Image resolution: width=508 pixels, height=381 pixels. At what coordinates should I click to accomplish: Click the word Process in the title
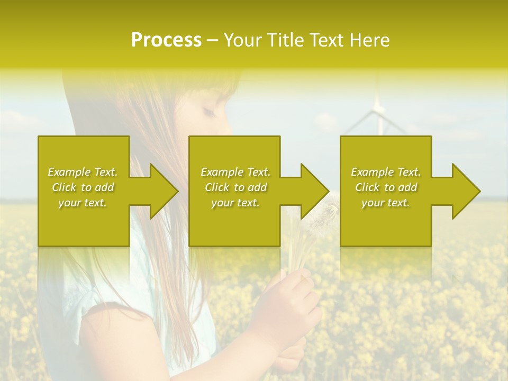tap(166, 40)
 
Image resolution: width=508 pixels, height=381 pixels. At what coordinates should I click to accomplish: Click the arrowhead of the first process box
tap(161, 191)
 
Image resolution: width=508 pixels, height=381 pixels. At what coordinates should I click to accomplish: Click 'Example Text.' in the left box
tap(83, 172)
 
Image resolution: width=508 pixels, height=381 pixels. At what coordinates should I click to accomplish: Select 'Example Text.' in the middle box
tap(235, 172)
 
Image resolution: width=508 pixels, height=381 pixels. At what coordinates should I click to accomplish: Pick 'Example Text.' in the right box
tap(386, 172)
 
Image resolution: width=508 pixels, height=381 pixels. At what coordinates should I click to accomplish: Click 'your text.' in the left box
tap(83, 203)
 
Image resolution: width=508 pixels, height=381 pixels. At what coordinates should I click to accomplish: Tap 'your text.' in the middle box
tap(235, 203)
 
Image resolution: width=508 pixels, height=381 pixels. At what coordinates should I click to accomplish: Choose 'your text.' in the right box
tap(386, 203)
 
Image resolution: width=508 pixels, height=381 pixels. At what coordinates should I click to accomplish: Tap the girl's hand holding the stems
tap(288, 296)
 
